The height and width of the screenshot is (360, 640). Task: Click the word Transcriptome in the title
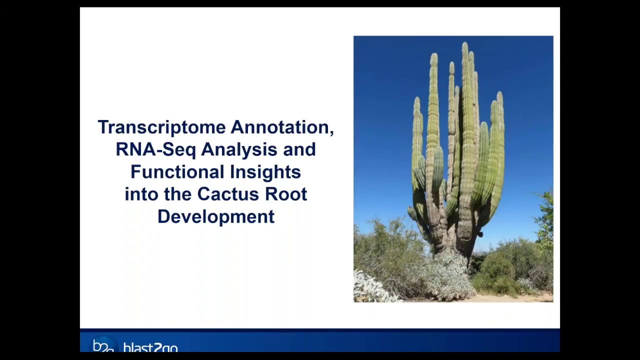(162, 127)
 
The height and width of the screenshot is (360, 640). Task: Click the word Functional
(177, 172)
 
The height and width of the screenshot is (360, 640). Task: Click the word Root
(286, 194)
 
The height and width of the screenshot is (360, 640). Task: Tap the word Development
(215, 216)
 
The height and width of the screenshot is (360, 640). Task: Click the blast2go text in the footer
(150, 347)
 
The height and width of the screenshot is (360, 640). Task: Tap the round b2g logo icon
(103, 345)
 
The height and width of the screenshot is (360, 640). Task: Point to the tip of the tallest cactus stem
(464, 45)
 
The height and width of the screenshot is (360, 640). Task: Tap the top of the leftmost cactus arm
(416, 100)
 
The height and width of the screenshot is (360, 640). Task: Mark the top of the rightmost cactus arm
(499, 95)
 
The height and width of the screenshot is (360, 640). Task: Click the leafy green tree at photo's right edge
(545, 220)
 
